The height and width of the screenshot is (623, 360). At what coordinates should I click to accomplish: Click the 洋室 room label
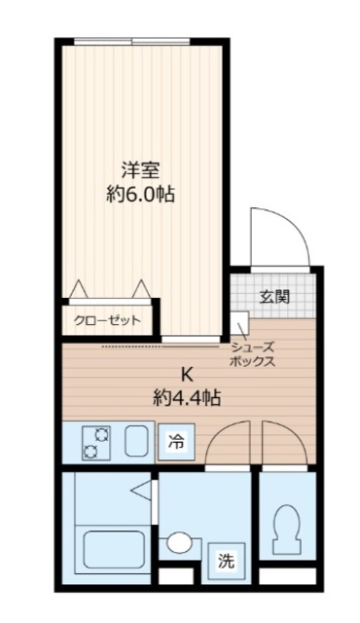pyautogui.click(x=140, y=166)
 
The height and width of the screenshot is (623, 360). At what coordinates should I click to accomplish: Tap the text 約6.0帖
pyautogui.click(x=140, y=194)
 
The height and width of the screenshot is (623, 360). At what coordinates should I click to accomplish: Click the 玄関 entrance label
pyautogui.click(x=274, y=297)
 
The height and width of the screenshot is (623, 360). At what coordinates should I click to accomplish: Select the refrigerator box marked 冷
pyautogui.click(x=177, y=442)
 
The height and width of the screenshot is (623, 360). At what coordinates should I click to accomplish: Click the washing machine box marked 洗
pyautogui.click(x=226, y=560)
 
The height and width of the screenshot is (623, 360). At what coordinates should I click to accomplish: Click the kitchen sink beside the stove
pyautogui.click(x=136, y=442)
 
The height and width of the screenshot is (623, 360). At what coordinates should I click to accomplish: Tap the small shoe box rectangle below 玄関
pyautogui.click(x=240, y=323)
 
